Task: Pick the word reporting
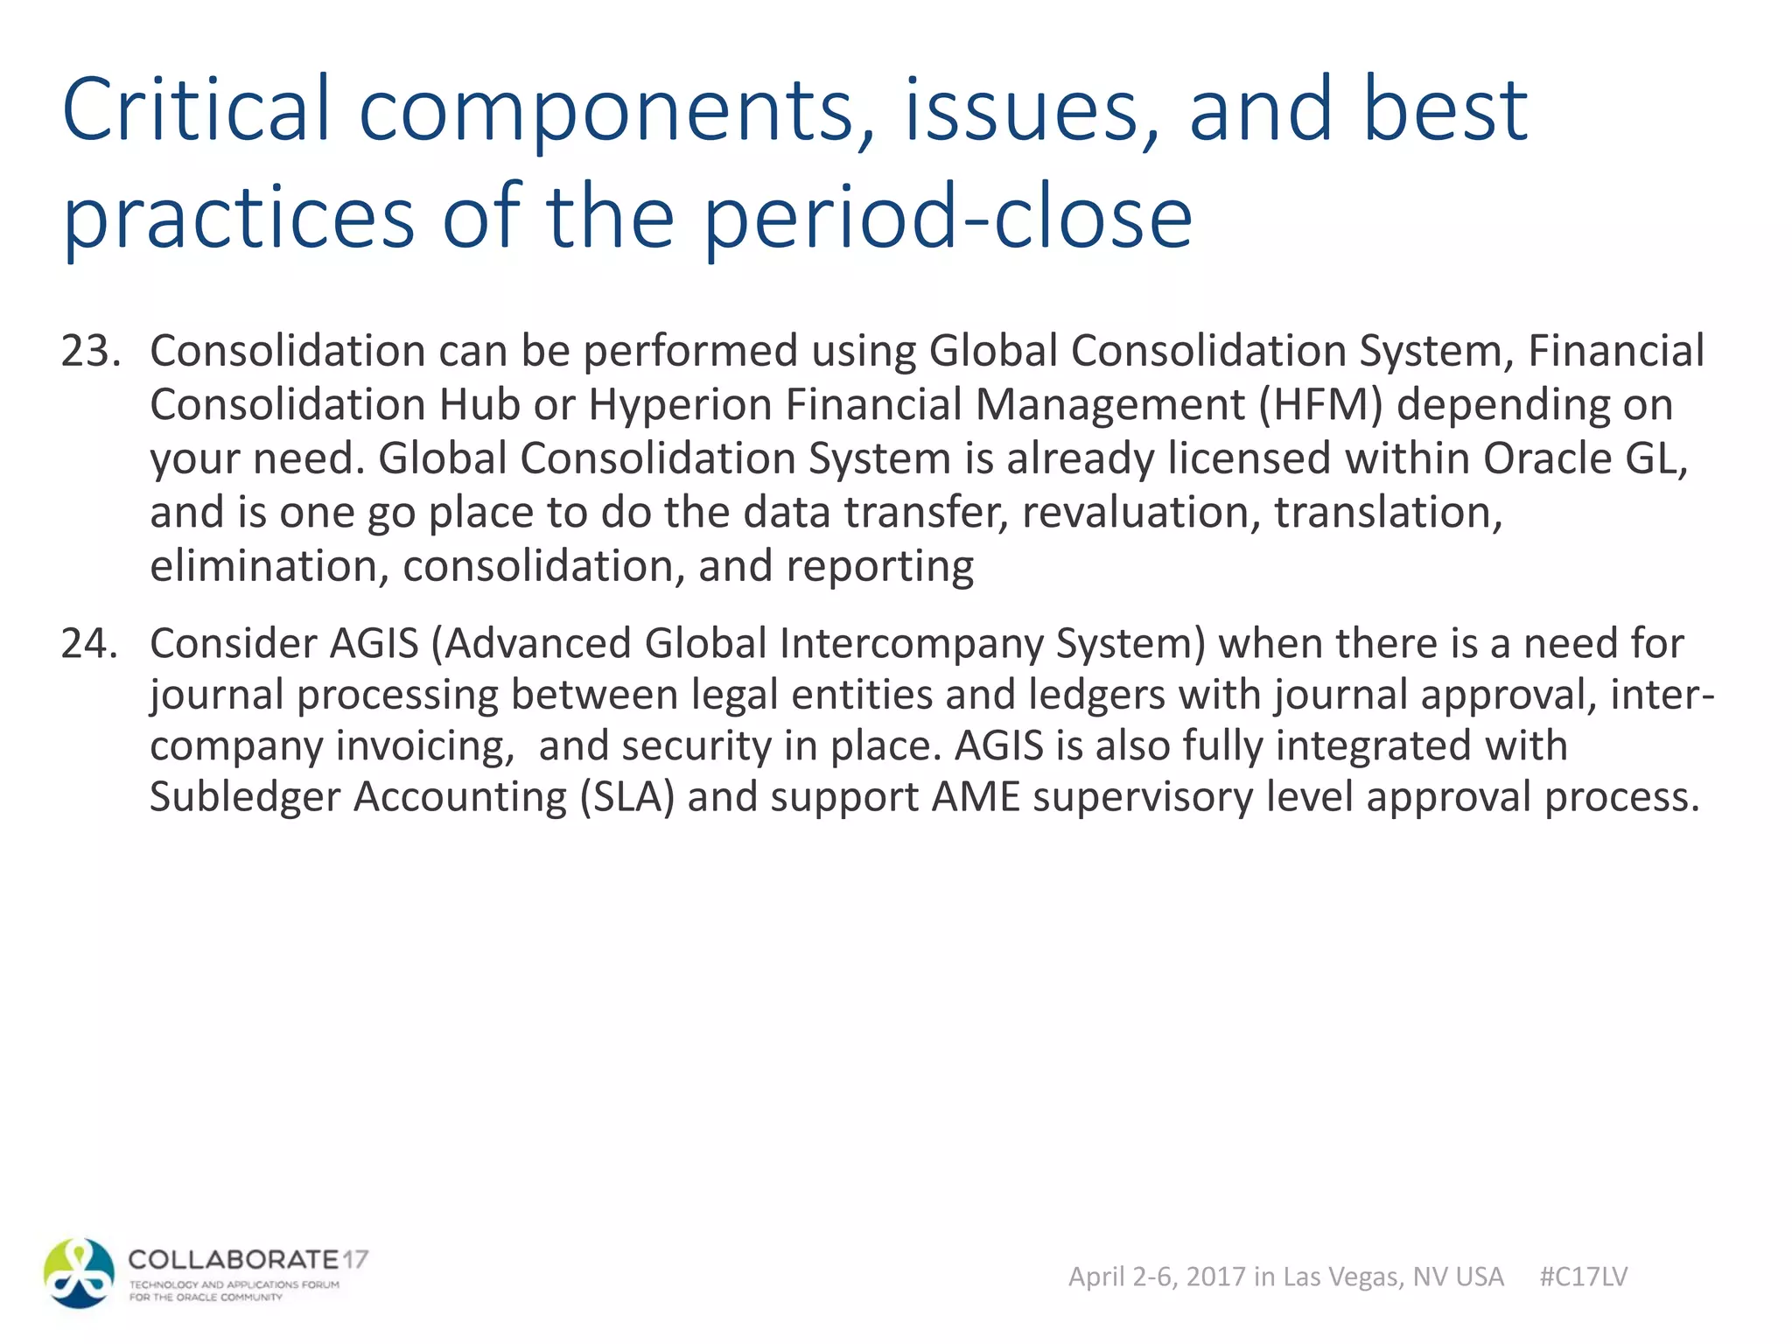pos(879,566)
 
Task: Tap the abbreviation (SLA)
pos(626,797)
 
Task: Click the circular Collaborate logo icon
pos(79,1273)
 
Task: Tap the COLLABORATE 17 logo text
pos(248,1260)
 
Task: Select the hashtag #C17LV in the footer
pos(1583,1277)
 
